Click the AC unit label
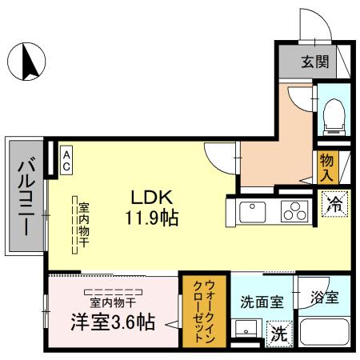tap(66, 158)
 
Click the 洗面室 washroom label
tap(262, 302)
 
